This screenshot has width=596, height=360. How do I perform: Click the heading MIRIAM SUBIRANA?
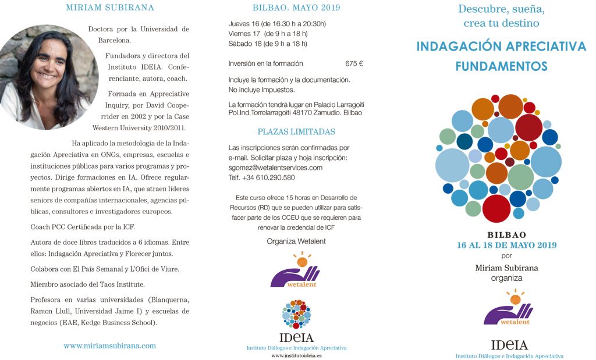point(110,8)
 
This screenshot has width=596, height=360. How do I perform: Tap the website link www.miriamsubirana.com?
point(110,345)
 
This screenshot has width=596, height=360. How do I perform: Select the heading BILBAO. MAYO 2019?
point(296,8)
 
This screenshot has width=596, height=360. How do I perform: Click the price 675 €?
point(354,63)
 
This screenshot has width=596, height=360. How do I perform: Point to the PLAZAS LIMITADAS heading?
point(296,131)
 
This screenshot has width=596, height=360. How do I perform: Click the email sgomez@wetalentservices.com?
point(275,167)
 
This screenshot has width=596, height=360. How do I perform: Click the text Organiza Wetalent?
point(296,241)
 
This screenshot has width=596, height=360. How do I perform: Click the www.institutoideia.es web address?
point(296,355)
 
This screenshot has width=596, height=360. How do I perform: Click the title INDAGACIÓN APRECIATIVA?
point(501,47)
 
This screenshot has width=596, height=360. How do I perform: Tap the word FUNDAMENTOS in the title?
point(501,66)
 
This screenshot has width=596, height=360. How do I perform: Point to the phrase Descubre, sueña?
point(501,9)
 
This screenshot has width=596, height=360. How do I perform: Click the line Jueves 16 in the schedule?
point(277,24)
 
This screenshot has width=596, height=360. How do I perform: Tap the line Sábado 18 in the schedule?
point(268,44)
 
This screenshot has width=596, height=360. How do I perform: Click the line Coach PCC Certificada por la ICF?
point(83,227)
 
